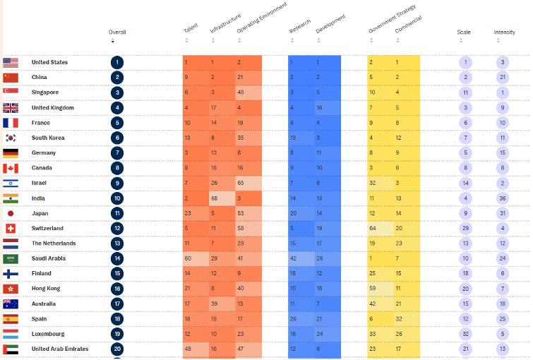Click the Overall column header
pyautogui.click(x=116, y=32)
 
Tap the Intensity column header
pyautogui.click(x=504, y=32)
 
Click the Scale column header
pyautogui.click(x=464, y=32)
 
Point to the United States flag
pyautogui.click(x=11, y=62)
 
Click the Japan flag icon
pyautogui.click(x=11, y=213)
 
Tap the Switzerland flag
pyautogui.click(x=11, y=228)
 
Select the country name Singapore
pyautogui.click(x=44, y=92)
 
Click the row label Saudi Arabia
pyautogui.click(x=48, y=258)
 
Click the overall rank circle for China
pyautogui.click(x=116, y=78)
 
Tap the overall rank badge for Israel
pyautogui.click(x=116, y=183)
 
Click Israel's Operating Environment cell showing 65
pyautogui.click(x=240, y=183)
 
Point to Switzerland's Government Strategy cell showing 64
pyautogui.click(x=371, y=228)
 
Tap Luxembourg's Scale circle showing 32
pyautogui.click(x=465, y=334)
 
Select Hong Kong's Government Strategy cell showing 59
pyautogui.click(x=371, y=289)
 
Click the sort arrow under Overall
pyautogui.click(x=112, y=41)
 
